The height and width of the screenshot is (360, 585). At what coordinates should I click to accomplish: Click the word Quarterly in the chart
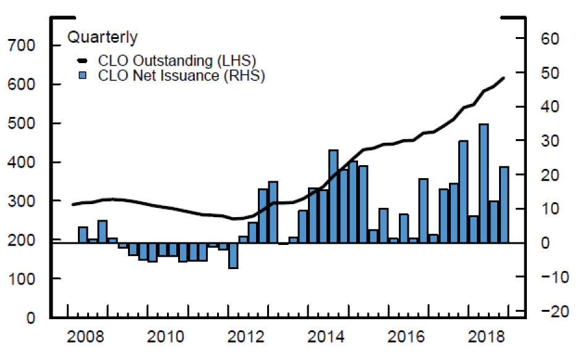point(102,37)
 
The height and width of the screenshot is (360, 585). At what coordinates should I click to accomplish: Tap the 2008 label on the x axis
point(85,338)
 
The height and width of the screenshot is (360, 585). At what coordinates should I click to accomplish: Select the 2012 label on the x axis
point(248,338)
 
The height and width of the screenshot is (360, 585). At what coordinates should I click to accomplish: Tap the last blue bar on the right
point(504,205)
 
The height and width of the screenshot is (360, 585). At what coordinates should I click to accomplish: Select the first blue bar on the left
point(83,235)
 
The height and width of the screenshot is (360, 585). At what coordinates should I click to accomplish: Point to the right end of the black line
point(504,77)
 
